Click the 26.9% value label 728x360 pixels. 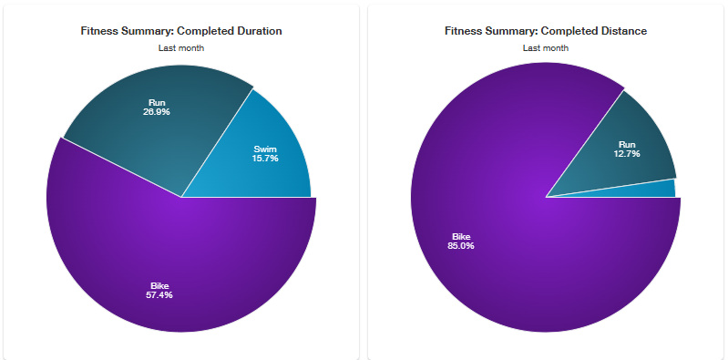tap(157, 112)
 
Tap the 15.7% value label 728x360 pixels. tap(265, 159)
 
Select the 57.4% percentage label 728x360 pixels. tap(159, 295)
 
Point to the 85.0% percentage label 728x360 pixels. tap(461, 246)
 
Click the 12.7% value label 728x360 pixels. tap(626, 154)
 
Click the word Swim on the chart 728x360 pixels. tap(265, 149)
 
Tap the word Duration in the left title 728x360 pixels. tap(259, 31)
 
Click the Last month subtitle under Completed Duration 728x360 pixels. tap(181, 47)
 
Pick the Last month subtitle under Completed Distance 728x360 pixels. tap(546, 47)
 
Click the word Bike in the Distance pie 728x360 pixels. tap(461, 237)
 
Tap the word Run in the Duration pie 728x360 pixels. tap(157, 103)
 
